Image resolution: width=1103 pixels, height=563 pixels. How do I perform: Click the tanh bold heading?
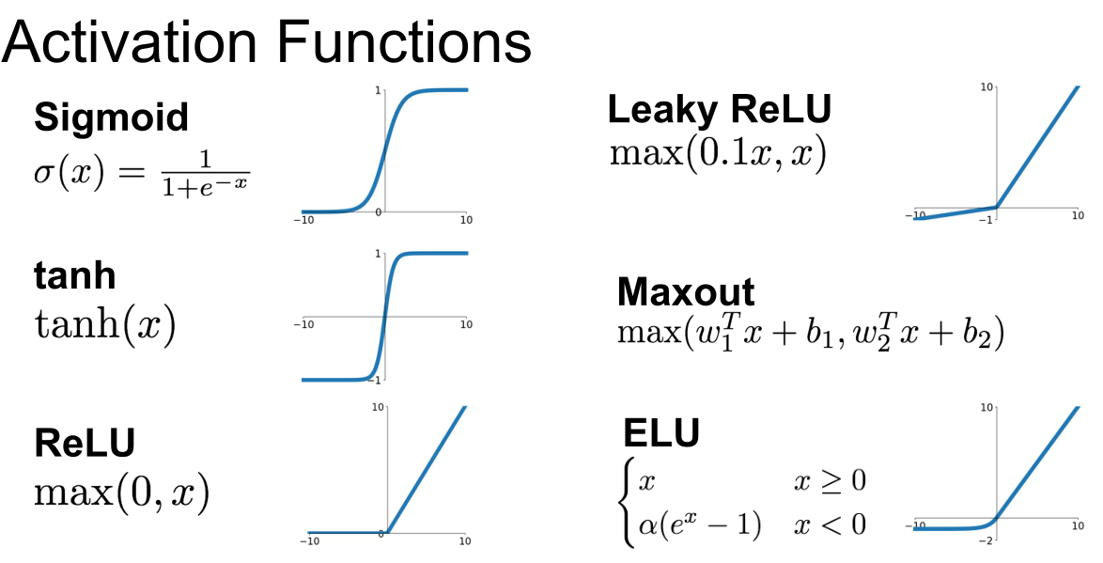click(x=74, y=275)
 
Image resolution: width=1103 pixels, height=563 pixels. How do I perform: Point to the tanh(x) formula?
click(x=105, y=324)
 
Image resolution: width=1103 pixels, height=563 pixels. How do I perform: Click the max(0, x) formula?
click(x=122, y=493)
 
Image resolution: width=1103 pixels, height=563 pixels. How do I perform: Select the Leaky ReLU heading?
click(x=719, y=109)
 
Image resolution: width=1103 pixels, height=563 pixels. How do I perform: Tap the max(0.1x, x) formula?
click(x=718, y=152)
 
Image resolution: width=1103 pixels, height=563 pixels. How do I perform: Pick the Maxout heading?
click(x=686, y=291)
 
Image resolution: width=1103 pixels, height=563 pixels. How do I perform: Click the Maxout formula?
click(x=811, y=332)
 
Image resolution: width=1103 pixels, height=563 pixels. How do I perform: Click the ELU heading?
click(x=661, y=432)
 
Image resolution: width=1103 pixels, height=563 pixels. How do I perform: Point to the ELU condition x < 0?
click(x=830, y=525)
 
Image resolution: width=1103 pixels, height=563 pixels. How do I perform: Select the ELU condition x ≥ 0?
click(x=830, y=481)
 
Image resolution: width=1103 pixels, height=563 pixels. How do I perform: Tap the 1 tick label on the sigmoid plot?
click(x=378, y=90)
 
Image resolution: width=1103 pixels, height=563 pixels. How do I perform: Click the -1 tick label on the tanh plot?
click(x=376, y=381)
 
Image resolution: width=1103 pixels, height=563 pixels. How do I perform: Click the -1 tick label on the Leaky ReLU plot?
click(x=986, y=220)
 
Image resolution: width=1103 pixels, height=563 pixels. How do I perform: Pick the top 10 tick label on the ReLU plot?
click(x=378, y=408)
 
